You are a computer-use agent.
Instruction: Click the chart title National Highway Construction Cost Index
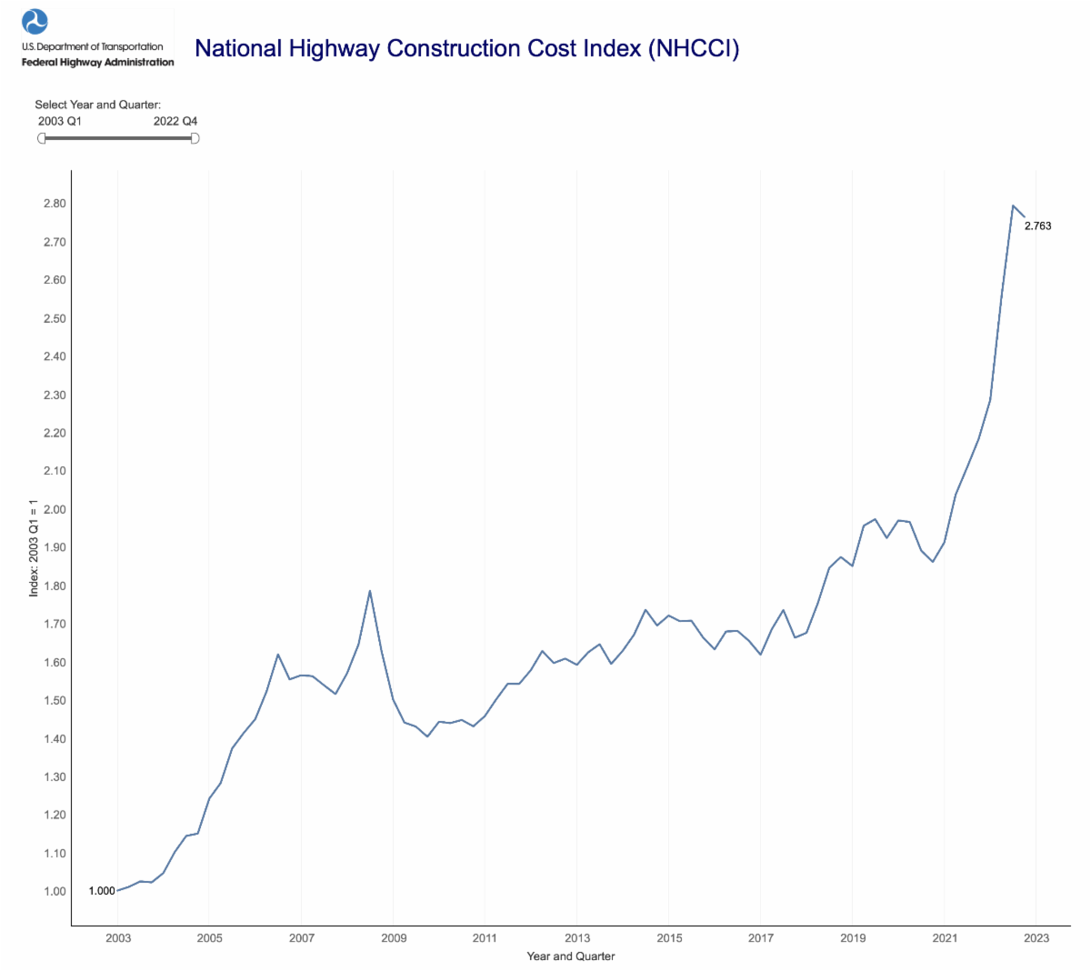(466, 48)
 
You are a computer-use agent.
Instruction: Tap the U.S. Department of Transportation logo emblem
(35, 21)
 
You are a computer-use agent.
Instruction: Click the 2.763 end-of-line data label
(1037, 226)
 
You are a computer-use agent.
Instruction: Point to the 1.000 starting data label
(102, 891)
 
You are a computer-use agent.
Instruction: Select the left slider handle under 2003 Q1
(41, 138)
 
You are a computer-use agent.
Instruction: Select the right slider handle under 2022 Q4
(194, 138)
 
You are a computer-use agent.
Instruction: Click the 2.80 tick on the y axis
(55, 204)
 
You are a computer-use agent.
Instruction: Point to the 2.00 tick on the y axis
(55, 509)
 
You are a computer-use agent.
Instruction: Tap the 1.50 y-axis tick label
(55, 700)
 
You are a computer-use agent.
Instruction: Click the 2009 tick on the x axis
(394, 938)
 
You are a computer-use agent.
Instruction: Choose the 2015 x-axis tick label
(669, 938)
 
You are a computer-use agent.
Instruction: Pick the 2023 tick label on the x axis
(1036, 938)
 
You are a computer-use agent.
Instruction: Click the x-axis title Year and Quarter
(571, 956)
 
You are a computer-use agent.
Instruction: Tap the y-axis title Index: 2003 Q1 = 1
(34, 547)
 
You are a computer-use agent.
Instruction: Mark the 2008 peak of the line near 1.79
(370, 591)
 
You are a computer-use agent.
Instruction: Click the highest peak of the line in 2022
(1013, 205)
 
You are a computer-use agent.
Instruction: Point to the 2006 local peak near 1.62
(278, 655)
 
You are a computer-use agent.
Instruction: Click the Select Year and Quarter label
(98, 105)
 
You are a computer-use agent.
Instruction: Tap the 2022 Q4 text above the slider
(175, 121)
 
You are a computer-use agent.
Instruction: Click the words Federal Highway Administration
(98, 63)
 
